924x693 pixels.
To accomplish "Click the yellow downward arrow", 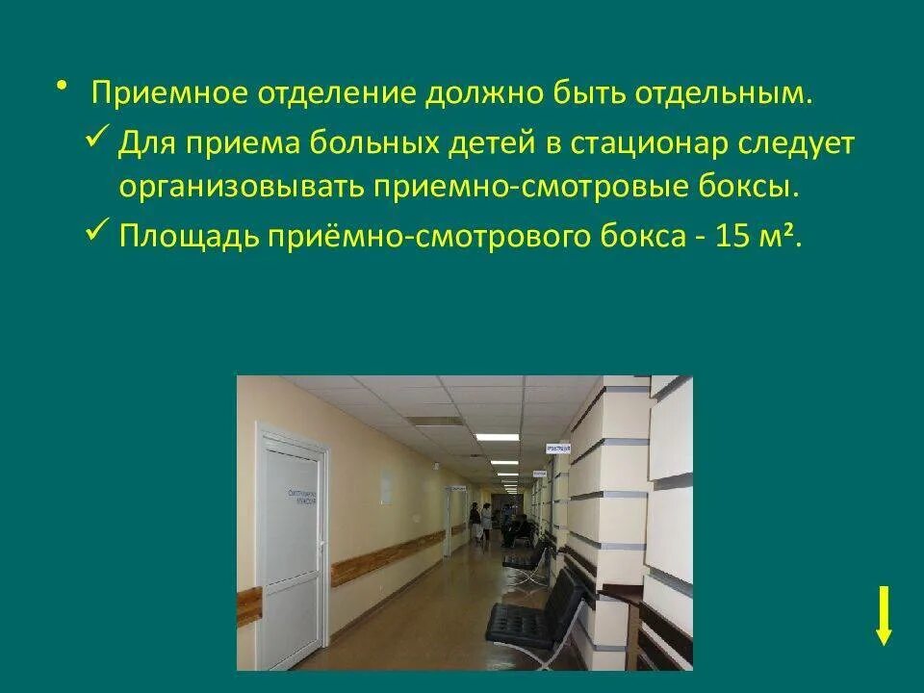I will [884, 616].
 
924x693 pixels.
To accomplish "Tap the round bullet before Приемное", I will [63, 87].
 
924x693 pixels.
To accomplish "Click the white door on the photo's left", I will [292, 549].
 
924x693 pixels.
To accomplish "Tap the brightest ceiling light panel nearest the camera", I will [497, 437].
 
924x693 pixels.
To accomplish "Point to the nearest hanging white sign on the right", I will [557, 449].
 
